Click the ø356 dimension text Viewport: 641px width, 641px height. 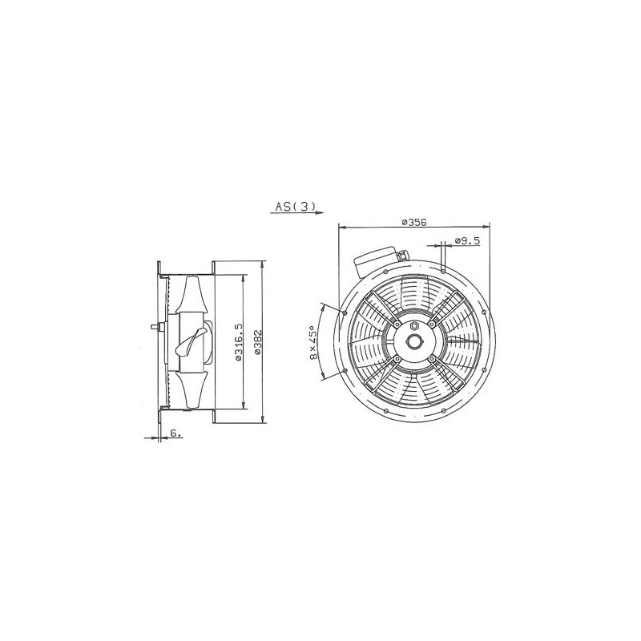pos(413,222)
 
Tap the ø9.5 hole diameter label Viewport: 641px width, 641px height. pos(466,240)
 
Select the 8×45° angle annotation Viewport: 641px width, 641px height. pos(314,343)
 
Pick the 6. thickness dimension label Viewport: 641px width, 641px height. pos(175,433)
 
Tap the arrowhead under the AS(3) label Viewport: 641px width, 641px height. pos(318,214)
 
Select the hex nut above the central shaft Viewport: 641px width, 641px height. pos(413,326)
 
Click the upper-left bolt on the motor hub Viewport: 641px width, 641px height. pos(396,325)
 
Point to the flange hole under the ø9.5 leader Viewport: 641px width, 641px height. pos(443,272)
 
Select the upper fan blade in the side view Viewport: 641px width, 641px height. pos(194,296)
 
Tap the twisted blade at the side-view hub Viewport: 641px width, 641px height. pos(191,343)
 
